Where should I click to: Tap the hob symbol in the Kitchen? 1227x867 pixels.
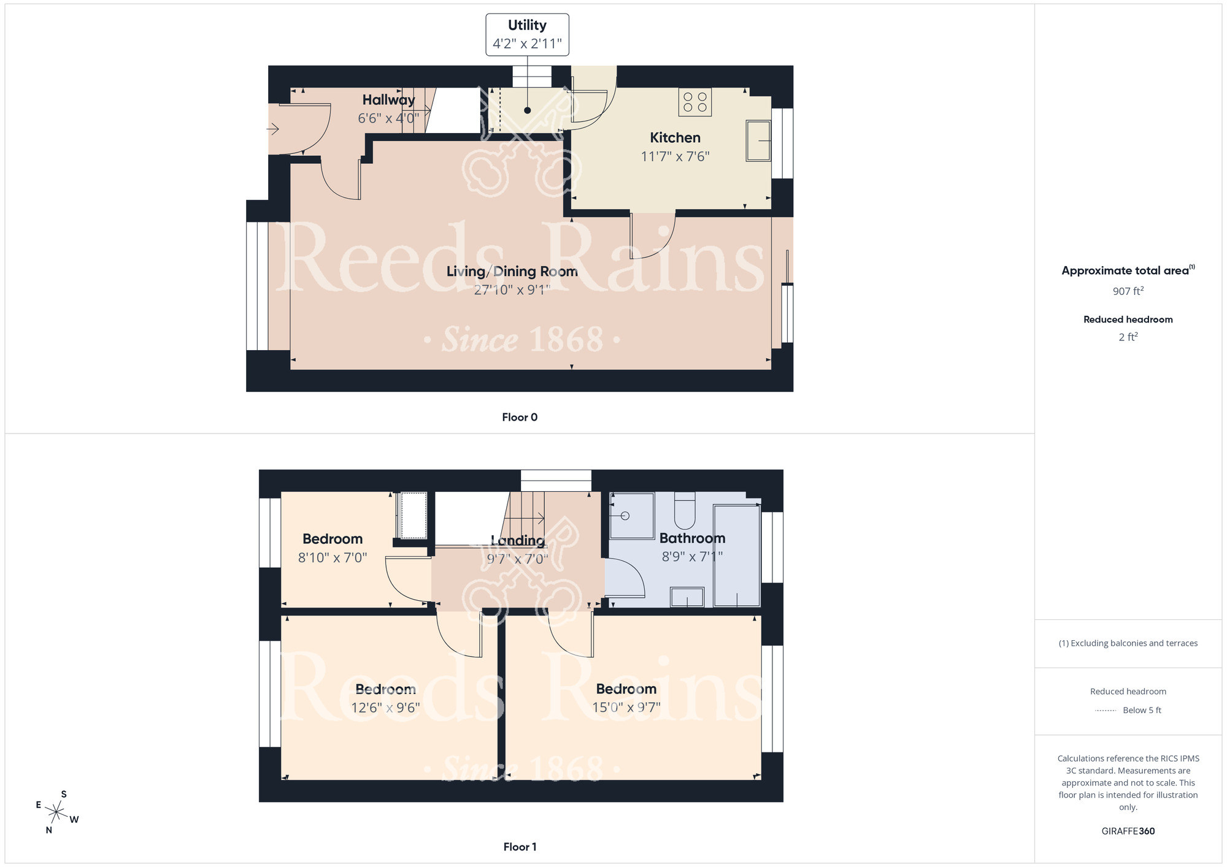click(x=694, y=102)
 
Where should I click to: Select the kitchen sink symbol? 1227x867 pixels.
click(x=758, y=141)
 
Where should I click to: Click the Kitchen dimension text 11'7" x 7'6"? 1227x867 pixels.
click(x=675, y=156)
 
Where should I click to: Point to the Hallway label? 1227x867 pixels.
click(x=388, y=99)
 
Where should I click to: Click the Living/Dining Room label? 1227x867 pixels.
click(x=512, y=271)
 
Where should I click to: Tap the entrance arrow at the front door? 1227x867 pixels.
click(x=273, y=129)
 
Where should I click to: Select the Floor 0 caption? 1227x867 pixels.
click(x=520, y=417)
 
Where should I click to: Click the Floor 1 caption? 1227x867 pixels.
click(x=520, y=847)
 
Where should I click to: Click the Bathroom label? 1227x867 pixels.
click(x=692, y=538)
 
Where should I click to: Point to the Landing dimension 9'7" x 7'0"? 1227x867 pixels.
click(x=517, y=559)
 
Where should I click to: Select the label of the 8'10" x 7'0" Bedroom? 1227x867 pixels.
click(x=333, y=539)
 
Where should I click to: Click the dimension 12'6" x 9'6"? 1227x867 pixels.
click(x=385, y=708)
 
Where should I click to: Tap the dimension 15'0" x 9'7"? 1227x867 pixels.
click(x=626, y=707)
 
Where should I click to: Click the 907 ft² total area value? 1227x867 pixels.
click(x=1128, y=291)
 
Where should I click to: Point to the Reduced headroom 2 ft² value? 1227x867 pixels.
click(x=1128, y=337)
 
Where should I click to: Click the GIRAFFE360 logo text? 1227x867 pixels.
click(x=1128, y=831)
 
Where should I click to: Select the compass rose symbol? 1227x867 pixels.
click(x=56, y=813)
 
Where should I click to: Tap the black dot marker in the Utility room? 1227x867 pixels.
click(x=527, y=110)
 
